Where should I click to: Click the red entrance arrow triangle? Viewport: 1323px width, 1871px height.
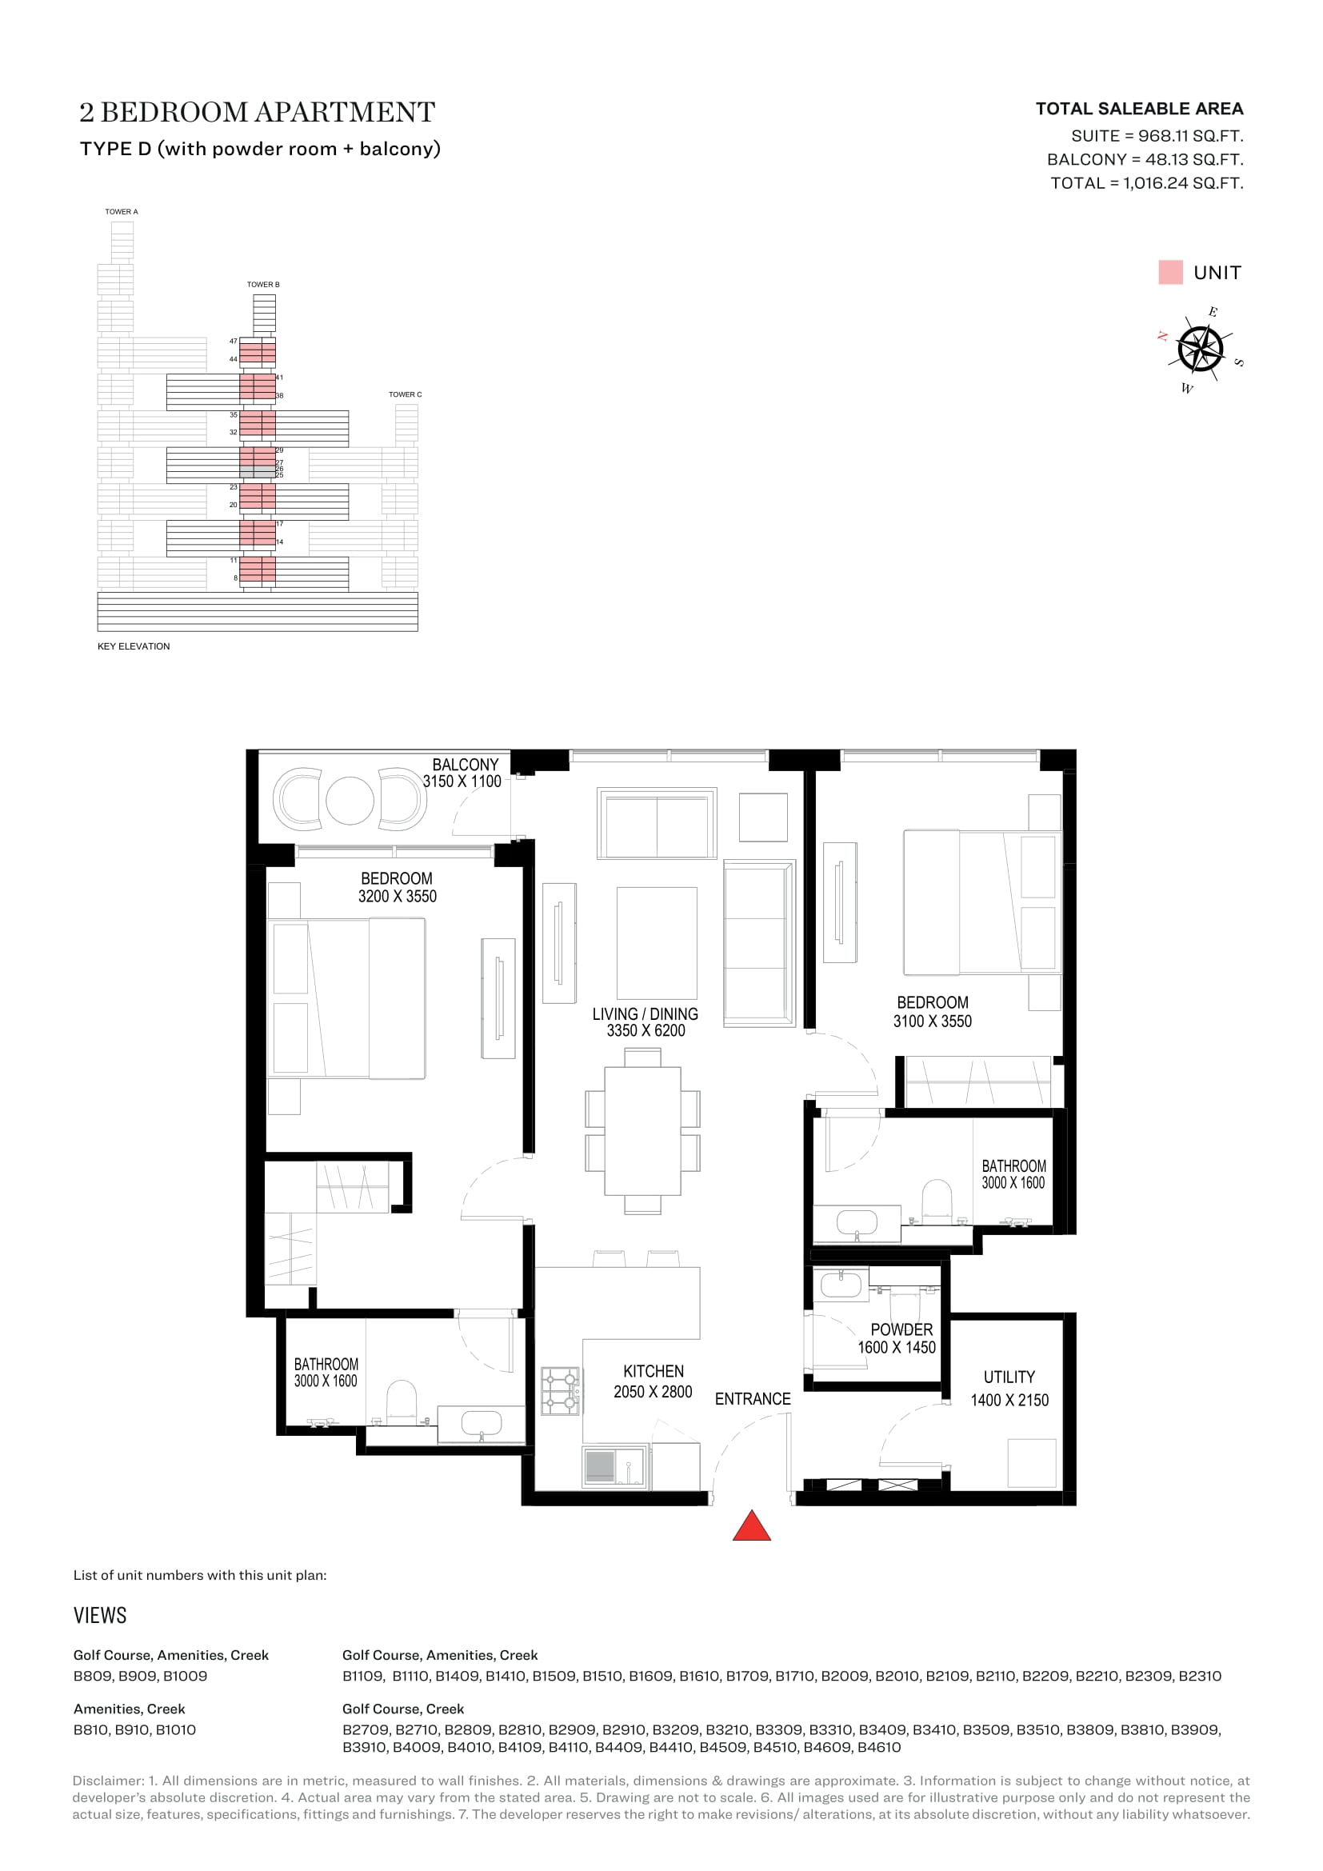tap(751, 1525)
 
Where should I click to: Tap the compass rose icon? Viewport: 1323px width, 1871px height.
tap(1200, 350)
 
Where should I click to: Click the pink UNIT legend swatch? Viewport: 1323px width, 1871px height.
tap(1170, 272)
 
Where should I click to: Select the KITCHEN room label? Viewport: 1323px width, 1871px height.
tap(654, 1372)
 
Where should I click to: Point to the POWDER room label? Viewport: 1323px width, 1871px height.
tap(901, 1330)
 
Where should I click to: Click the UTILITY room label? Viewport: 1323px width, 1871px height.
tap(1009, 1377)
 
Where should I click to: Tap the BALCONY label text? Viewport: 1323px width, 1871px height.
tap(466, 765)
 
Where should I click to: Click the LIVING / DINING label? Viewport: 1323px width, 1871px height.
tap(646, 1013)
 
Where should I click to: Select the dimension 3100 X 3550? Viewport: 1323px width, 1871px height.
tap(933, 1021)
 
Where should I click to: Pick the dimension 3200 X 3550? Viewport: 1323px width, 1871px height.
tap(398, 897)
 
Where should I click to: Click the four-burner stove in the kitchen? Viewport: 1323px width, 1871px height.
tap(562, 1391)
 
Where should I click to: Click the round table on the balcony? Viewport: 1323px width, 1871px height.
tap(350, 800)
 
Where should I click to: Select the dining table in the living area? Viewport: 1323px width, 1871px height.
tap(643, 1130)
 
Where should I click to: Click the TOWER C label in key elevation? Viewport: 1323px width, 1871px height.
tap(405, 394)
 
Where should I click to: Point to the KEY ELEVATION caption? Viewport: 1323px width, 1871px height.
tap(134, 646)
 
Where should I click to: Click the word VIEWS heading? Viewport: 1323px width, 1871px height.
tap(100, 1616)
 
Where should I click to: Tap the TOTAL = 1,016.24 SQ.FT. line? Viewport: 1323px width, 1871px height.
tap(1147, 183)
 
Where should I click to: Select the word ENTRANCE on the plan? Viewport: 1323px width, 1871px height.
tap(753, 1399)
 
